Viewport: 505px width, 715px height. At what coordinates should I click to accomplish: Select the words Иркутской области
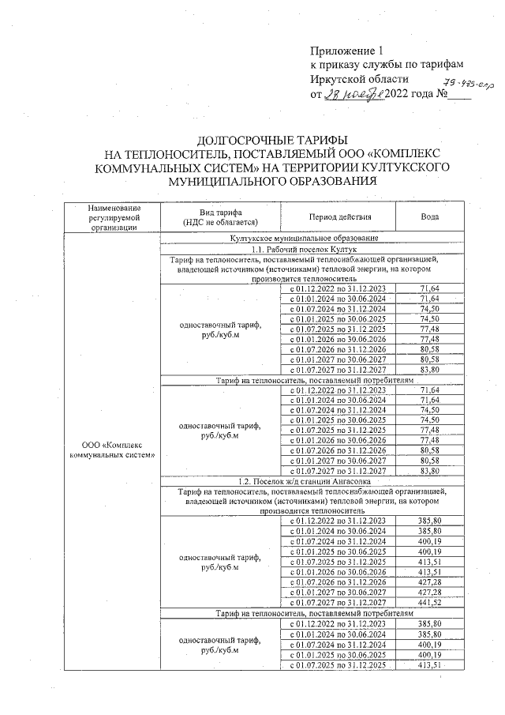[x=360, y=80]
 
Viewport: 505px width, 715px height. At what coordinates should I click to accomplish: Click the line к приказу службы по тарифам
[x=386, y=65]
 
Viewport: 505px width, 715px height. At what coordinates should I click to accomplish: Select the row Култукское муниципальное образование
[x=303, y=237]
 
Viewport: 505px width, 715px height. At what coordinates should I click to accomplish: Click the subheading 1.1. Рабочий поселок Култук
[x=303, y=248]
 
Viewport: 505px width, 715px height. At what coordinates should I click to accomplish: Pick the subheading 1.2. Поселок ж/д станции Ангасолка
[x=303, y=481]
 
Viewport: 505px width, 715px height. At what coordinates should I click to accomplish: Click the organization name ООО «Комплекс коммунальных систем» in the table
[x=114, y=450]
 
